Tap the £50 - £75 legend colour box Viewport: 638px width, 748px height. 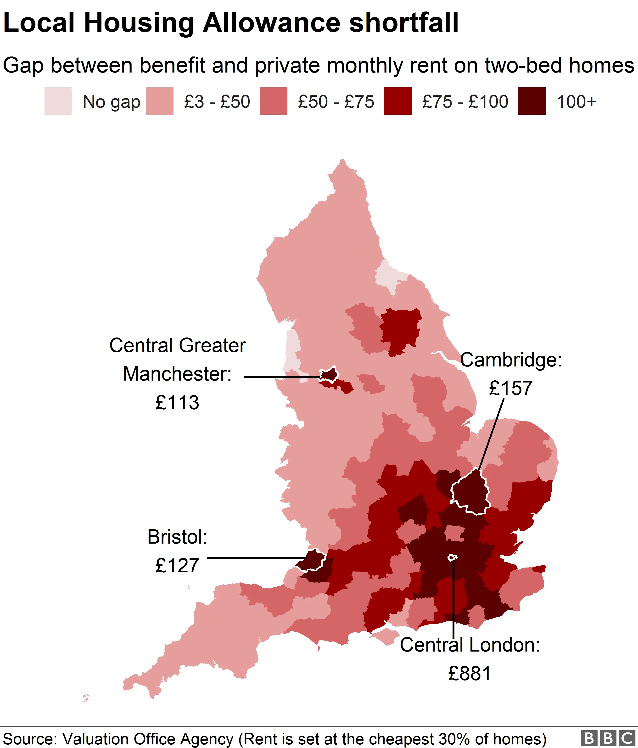pos(274,101)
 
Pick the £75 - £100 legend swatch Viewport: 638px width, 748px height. pos(398,101)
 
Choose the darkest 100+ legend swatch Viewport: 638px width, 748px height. pos(532,101)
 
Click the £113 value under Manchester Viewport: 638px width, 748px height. pos(177,403)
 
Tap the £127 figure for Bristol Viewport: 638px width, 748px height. pos(177,565)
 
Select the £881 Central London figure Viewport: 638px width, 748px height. pos(470,674)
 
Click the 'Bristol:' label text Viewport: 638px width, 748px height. pos(177,537)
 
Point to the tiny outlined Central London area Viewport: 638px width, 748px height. pos(452,558)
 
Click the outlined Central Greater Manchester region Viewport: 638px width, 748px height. pos(329,375)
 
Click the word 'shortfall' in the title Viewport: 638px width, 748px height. pos(403,22)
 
